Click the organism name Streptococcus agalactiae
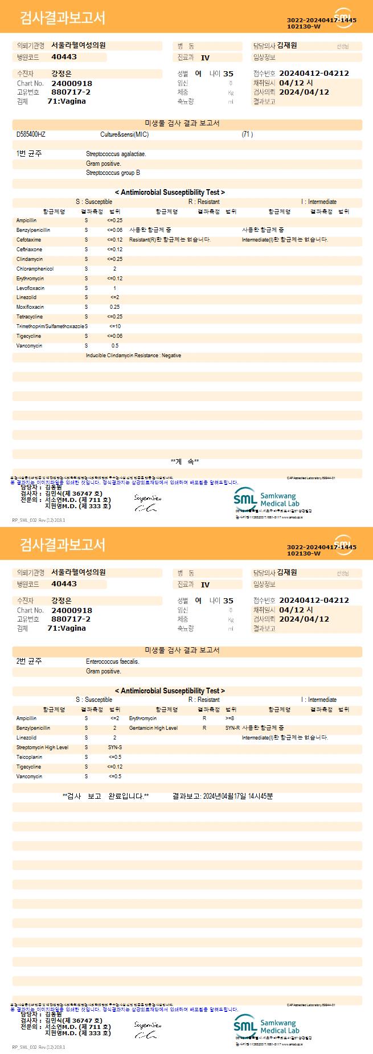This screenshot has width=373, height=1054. pyautogui.click(x=116, y=154)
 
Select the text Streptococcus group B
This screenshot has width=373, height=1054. pyautogui.click(x=113, y=173)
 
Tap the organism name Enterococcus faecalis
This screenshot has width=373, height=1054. pyautogui.click(x=112, y=661)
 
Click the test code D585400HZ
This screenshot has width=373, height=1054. pyautogui.click(x=31, y=134)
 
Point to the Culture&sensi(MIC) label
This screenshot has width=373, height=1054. pyautogui.click(x=124, y=134)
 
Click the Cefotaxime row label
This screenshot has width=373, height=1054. pyautogui.click(x=28, y=240)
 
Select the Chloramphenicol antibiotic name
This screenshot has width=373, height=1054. pyautogui.click(x=35, y=269)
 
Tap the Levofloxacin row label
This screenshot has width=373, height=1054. pyautogui.click(x=30, y=288)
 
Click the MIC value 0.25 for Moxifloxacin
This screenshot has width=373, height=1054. pyautogui.click(x=114, y=307)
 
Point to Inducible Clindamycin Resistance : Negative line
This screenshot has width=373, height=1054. pyautogui.click(x=133, y=356)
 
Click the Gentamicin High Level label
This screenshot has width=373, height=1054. pyautogui.click(x=153, y=728)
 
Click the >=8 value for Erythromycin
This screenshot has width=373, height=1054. pyautogui.click(x=229, y=718)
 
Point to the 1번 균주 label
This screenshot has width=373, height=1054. pyautogui.click(x=29, y=154)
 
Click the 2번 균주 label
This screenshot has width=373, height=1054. pyautogui.click(x=29, y=661)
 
